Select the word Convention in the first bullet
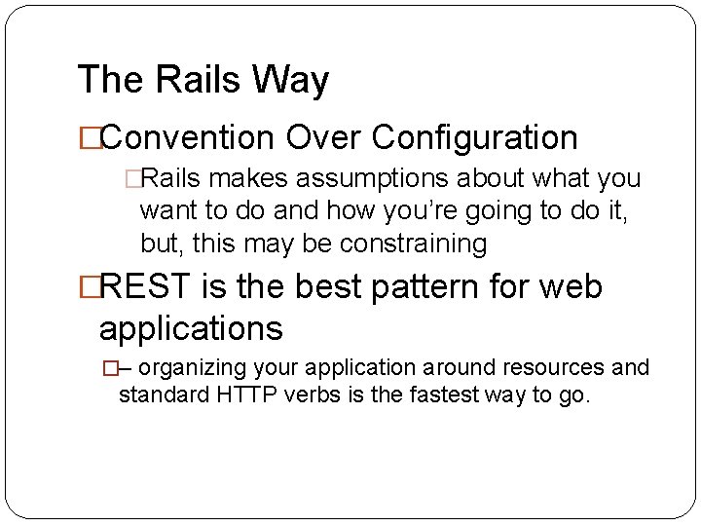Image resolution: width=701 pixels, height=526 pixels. click(186, 138)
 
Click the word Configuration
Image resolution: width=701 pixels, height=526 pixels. click(475, 138)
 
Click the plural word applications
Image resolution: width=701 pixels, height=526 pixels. click(191, 329)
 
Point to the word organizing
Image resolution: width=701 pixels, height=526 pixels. click(198, 368)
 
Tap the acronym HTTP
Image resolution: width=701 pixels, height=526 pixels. click(265, 395)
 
